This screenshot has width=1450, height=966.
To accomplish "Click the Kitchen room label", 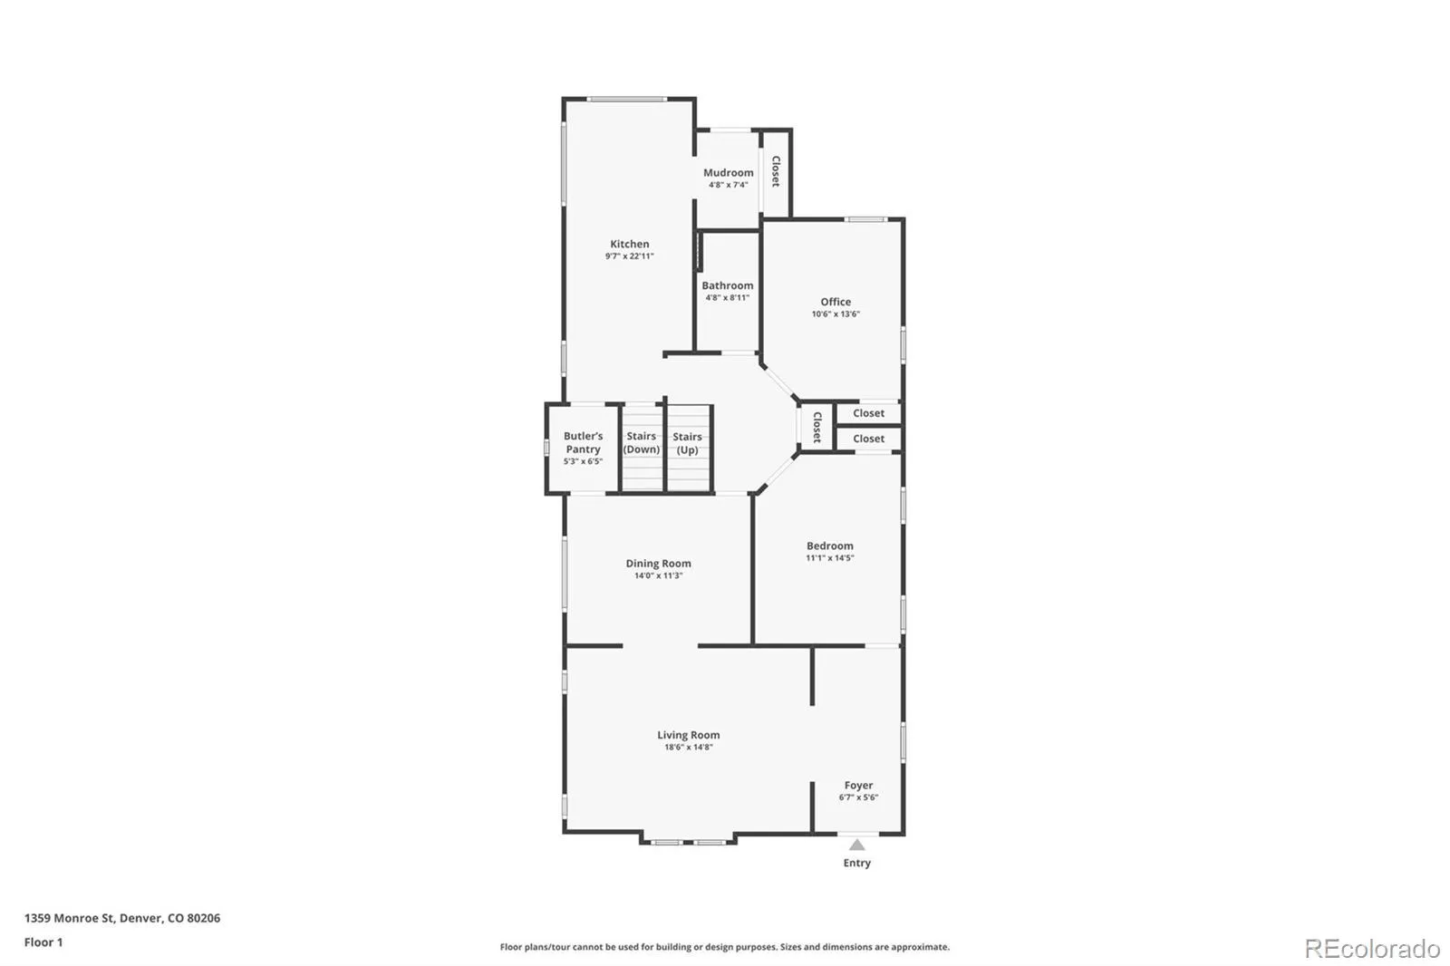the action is click(629, 244).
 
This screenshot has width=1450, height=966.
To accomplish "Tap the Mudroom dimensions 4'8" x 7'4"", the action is click(729, 185).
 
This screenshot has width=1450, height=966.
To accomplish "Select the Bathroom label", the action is click(728, 285).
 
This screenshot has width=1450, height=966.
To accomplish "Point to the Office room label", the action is click(836, 302).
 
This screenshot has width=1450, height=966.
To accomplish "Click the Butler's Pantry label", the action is click(584, 443).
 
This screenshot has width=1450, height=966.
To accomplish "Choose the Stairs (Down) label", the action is click(642, 443).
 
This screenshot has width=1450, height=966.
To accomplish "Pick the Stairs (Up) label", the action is click(688, 443).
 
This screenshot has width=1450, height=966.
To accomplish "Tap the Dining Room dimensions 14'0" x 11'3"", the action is click(658, 575).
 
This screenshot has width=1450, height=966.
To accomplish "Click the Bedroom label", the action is click(830, 546).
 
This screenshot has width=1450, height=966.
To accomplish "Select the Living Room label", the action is click(688, 735).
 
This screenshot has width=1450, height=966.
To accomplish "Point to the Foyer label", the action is click(858, 786).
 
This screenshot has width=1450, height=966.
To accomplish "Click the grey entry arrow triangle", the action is click(857, 845).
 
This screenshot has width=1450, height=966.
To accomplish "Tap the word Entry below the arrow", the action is click(857, 863).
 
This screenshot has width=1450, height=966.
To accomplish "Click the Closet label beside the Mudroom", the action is click(776, 171).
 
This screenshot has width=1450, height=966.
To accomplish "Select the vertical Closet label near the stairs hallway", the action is click(817, 428).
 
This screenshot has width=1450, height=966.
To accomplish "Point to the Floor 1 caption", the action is click(43, 942).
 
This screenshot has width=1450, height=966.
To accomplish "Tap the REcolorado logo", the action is click(1372, 949).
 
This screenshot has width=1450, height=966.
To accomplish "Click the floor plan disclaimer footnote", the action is click(724, 947).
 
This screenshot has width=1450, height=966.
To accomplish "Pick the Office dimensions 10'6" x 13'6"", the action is click(836, 314).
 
